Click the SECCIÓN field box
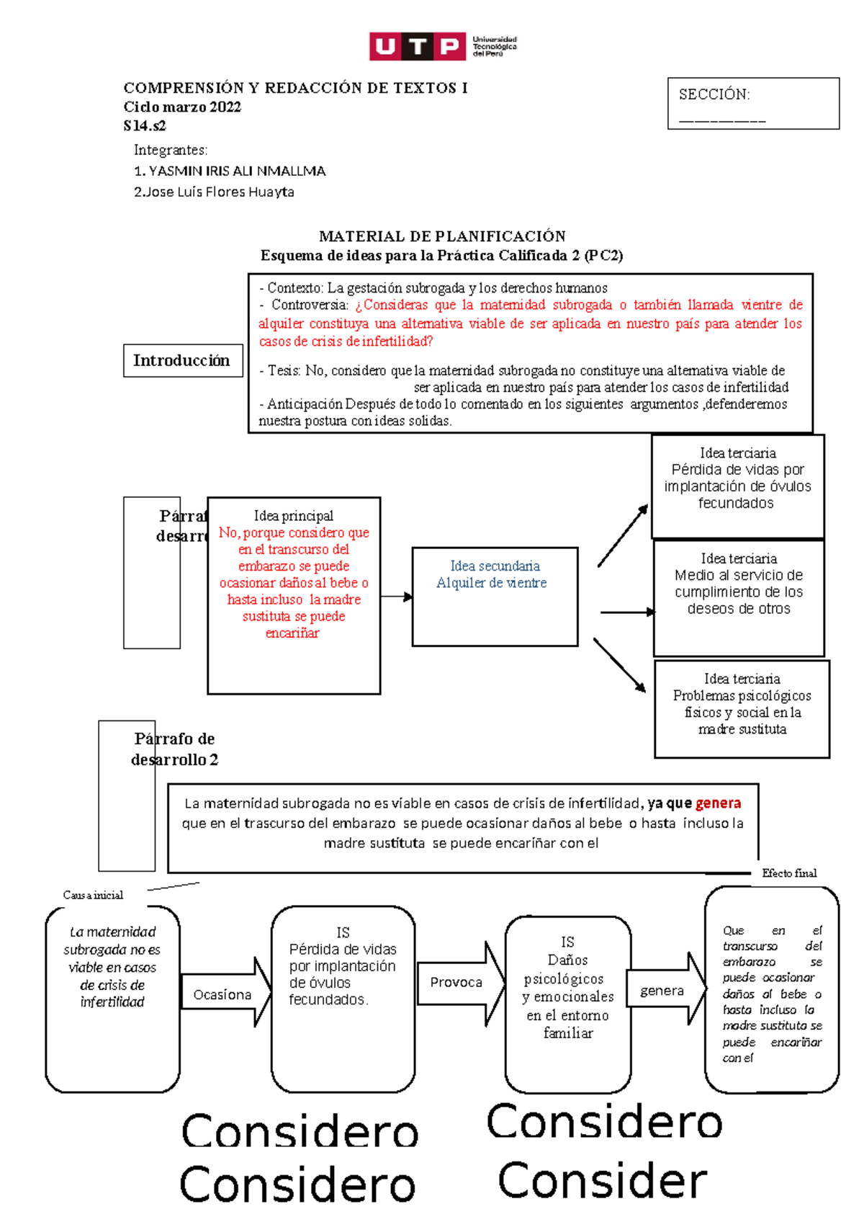click(x=752, y=104)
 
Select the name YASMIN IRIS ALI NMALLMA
click(x=230, y=171)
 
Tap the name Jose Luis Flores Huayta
click(x=214, y=192)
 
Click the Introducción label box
click(x=181, y=360)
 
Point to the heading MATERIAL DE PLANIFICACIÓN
click(x=442, y=236)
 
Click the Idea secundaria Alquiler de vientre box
click(x=495, y=596)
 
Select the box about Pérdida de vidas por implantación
click(x=737, y=486)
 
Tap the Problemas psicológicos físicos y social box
click(x=742, y=708)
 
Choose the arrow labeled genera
click(x=665, y=991)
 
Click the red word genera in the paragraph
click(x=718, y=803)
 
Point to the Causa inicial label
click(x=93, y=895)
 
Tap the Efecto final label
click(x=789, y=873)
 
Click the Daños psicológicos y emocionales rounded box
click(x=568, y=1004)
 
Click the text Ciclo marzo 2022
click(x=182, y=107)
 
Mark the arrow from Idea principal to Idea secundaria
click(x=396, y=597)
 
